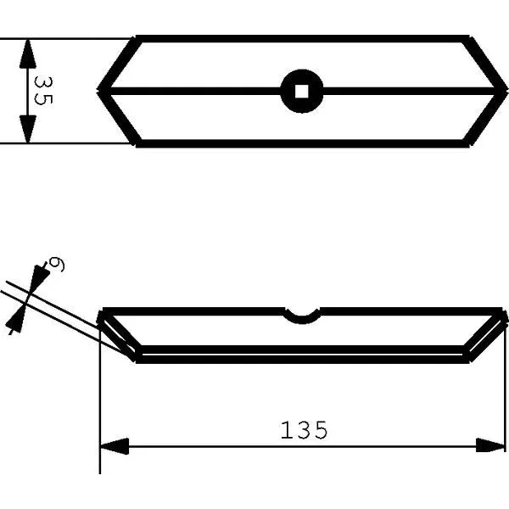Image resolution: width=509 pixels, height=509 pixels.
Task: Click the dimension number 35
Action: point(43,91)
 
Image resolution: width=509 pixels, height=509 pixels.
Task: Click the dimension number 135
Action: point(305,430)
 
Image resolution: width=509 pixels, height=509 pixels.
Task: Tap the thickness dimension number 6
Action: point(56,265)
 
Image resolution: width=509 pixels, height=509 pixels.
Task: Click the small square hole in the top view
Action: point(302,92)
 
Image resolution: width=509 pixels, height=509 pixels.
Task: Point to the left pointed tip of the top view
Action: point(98,91)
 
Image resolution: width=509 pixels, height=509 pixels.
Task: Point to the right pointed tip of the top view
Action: point(507,91)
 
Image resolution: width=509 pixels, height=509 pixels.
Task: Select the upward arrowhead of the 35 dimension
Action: point(28,53)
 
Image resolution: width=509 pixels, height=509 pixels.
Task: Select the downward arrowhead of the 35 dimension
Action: point(28,129)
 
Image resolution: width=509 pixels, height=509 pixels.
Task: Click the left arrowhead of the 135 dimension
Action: point(115,446)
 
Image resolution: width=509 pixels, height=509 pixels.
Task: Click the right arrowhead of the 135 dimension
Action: point(490,445)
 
